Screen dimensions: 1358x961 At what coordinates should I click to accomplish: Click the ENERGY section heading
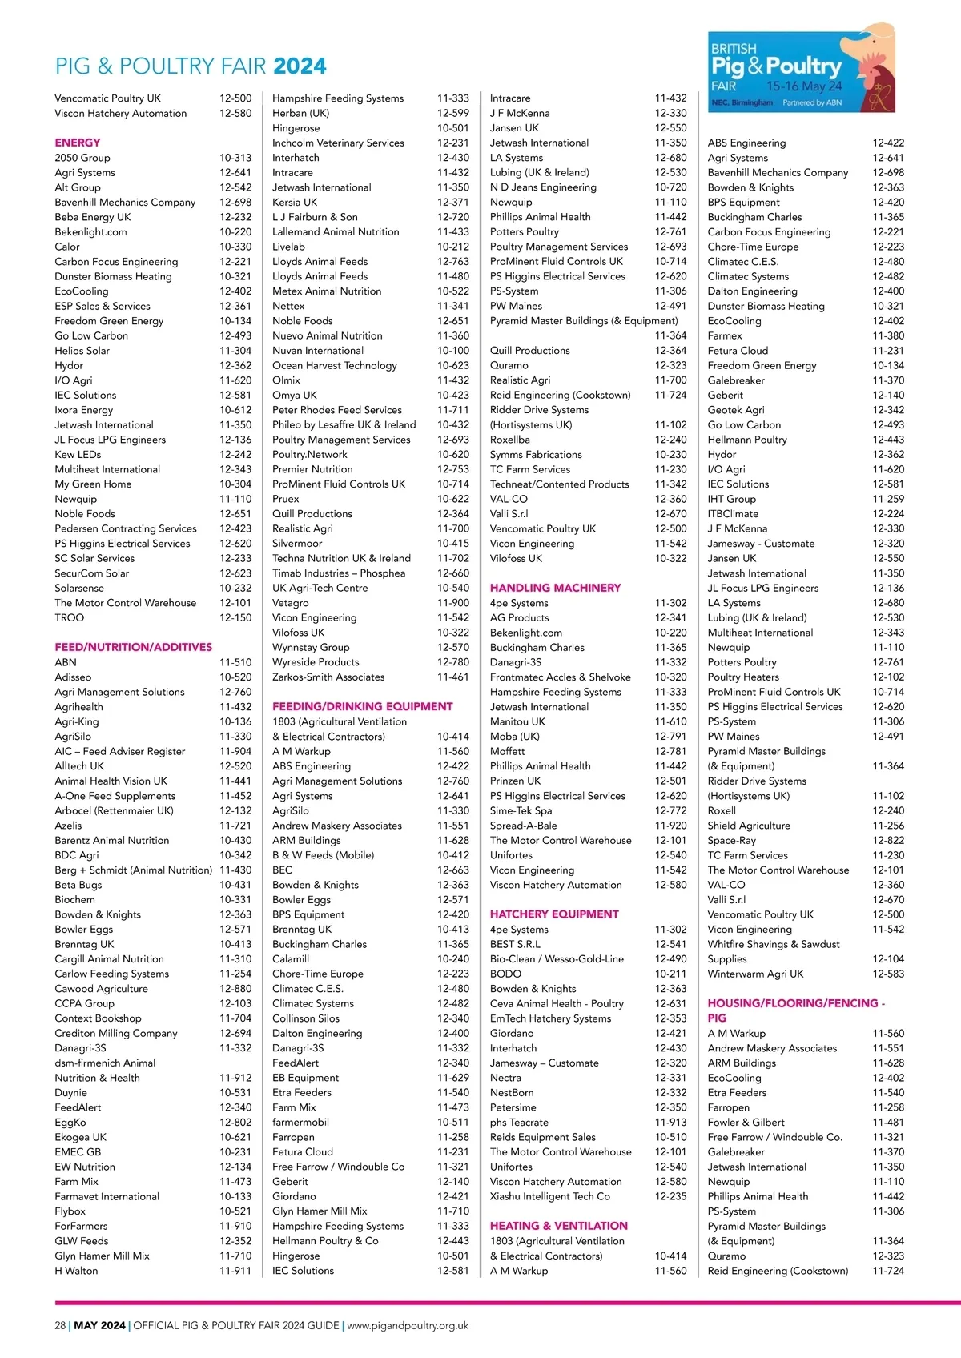pos(78,143)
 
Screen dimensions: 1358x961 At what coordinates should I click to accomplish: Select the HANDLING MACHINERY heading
pos(555,588)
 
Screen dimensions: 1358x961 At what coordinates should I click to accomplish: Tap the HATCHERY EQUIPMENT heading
pos(554,914)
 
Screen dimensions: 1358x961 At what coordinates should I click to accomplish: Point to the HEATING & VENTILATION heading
pos(558,1226)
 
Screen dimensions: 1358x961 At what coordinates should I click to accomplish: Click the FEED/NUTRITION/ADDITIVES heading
pos(134,647)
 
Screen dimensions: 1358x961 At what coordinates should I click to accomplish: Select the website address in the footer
pos(408,1325)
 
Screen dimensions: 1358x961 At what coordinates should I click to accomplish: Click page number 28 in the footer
pos(60,1325)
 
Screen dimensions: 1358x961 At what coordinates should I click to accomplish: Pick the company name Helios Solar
pos(82,351)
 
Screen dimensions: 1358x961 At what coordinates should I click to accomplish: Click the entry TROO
pos(70,617)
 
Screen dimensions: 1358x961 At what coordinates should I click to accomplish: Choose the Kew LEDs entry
pos(78,455)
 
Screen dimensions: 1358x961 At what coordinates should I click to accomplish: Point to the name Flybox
pos(70,1211)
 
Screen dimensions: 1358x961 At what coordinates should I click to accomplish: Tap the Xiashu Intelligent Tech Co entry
pos(550,1196)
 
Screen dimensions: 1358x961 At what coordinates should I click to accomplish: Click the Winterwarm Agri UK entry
pos(755,974)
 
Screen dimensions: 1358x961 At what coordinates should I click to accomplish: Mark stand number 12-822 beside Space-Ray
pos(888,841)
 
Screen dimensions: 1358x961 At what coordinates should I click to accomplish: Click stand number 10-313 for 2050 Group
pos(235,158)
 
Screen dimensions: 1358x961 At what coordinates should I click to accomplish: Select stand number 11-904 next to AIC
pos(235,751)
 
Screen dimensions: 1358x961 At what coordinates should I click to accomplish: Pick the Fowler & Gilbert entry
pos(746,1123)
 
